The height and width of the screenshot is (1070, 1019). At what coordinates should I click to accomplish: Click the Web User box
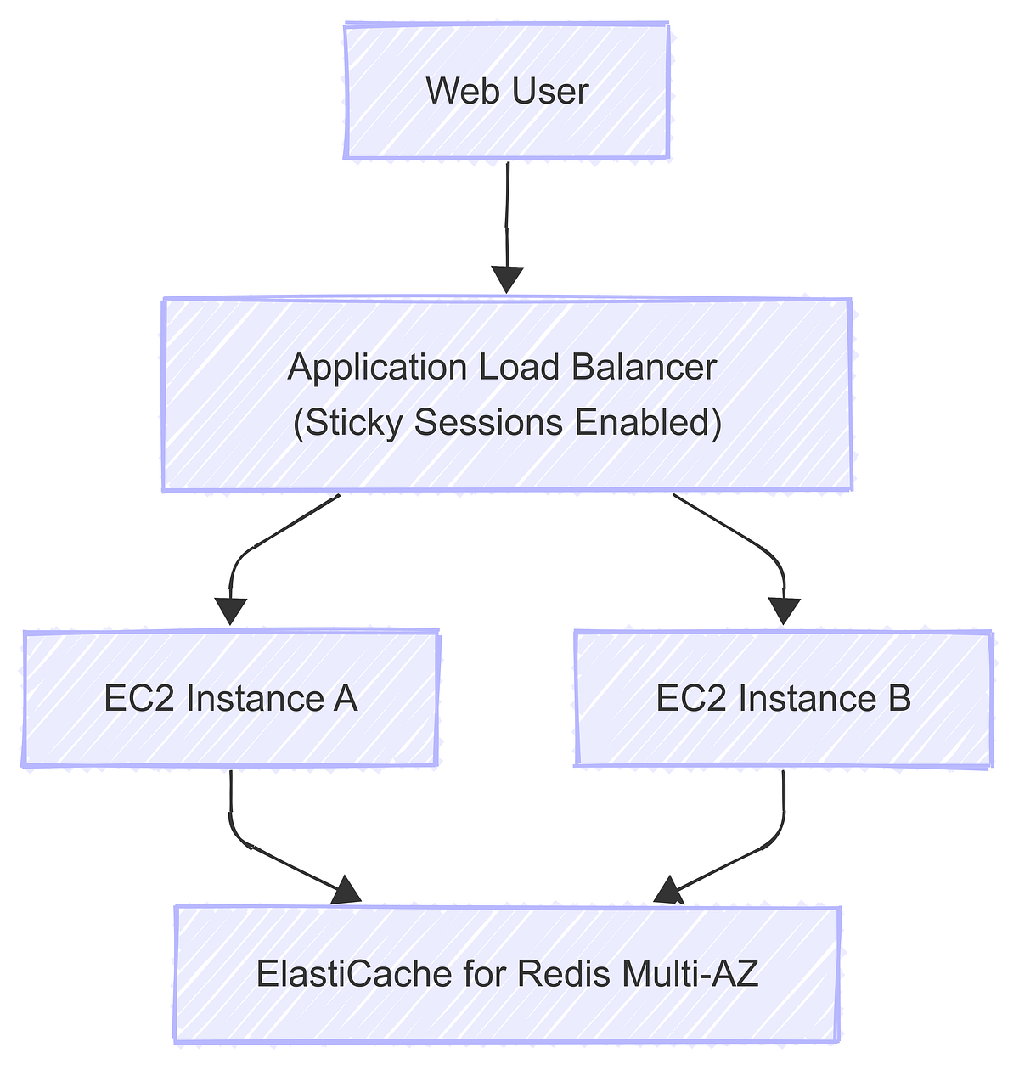point(507,92)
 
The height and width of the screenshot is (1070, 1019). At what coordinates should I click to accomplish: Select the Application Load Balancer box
point(507,394)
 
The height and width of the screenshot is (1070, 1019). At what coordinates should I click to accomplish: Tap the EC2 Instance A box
point(230,699)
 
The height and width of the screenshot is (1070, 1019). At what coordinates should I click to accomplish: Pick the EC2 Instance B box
point(783,699)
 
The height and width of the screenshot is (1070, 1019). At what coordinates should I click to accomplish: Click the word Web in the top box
point(451,92)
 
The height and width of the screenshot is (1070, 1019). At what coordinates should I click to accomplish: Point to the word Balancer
point(645,368)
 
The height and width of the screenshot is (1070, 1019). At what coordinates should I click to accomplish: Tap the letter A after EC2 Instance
point(346,699)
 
